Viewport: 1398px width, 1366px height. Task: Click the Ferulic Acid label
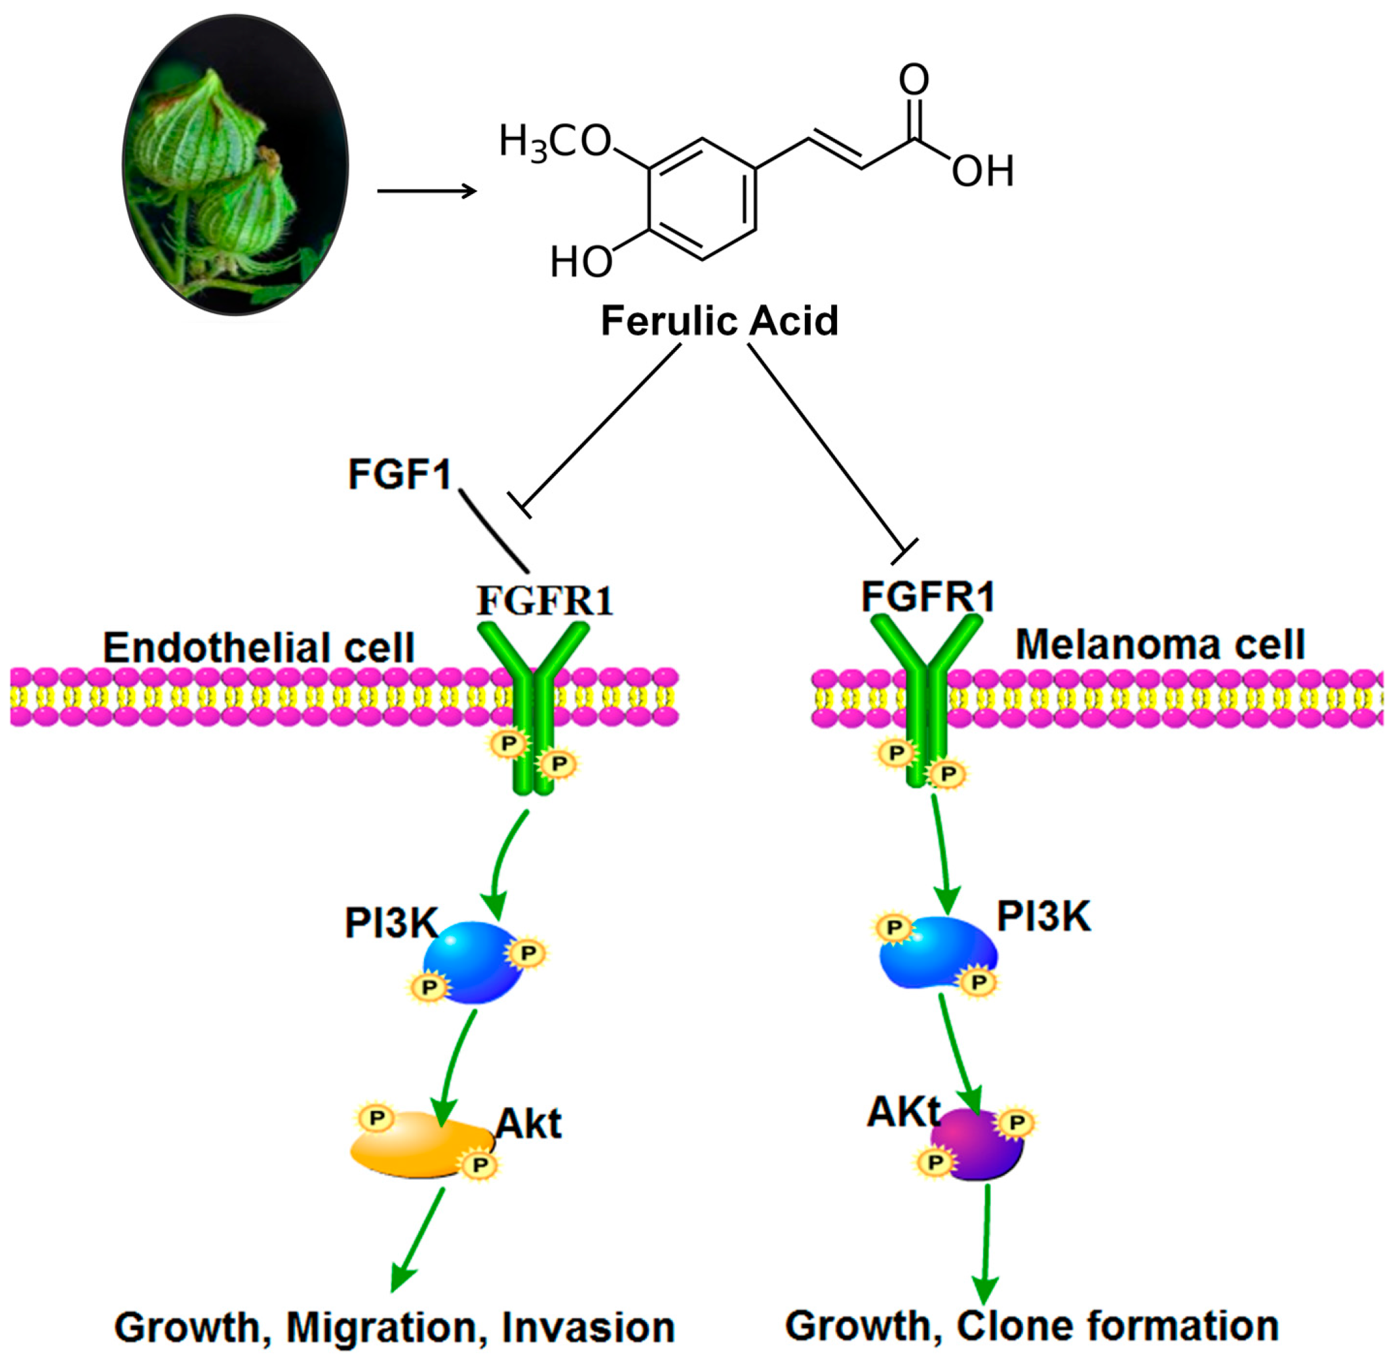tap(719, 321)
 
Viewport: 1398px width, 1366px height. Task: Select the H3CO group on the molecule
tap(555, 142)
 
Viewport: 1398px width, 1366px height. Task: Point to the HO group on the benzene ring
tap(581, 262)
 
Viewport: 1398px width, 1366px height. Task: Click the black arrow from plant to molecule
tap(427, 191)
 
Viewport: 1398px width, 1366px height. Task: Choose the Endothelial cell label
tap(259, 648)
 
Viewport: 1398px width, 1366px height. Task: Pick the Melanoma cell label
tap(1160, 644)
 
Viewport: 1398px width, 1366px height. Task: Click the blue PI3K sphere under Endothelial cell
tap(473, 962)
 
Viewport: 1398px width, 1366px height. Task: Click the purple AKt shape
tap(977, 1145)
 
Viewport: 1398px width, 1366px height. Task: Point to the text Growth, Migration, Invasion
tap(395, 1327)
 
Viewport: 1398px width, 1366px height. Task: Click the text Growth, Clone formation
tap(1032, 1325)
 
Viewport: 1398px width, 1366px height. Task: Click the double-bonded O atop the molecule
tap(914, 79)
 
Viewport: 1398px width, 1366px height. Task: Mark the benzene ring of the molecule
tap(702, 199)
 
